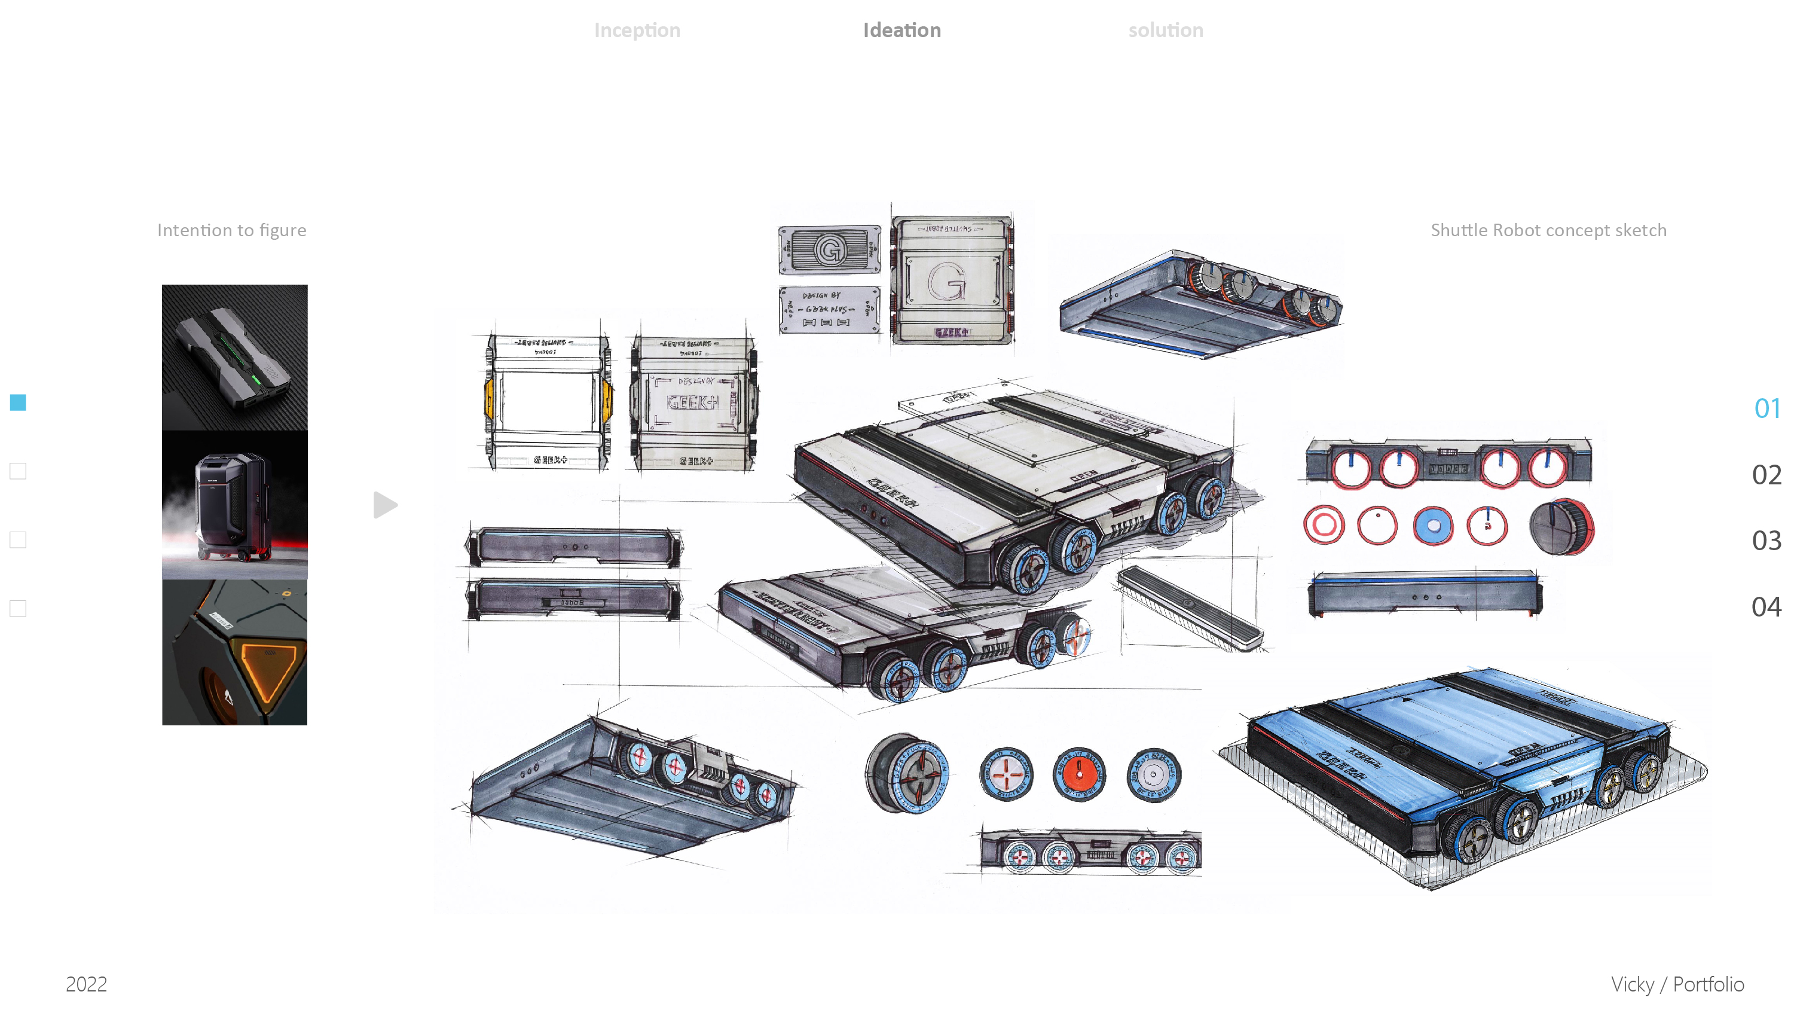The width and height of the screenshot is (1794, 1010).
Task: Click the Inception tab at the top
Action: pyautogui.click(x=637, y=30)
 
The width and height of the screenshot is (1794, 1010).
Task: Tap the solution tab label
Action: pyautogui.click(x=1165, y=30)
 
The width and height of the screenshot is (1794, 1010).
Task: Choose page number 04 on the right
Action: pyautogui.click(x=1766, y=607)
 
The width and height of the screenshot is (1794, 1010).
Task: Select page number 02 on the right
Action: pyautogui.click(x=1766, y=475)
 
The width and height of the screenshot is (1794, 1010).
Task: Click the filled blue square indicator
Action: pyautogui.click(x=18, y=402)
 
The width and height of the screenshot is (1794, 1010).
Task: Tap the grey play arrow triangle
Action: pyautogui.click(x=384, y=505)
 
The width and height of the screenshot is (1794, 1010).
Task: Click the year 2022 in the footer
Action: pyautogui.click(x=86, y=984)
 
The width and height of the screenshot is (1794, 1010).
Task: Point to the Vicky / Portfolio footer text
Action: pyautogui.click(x=1677, y=984)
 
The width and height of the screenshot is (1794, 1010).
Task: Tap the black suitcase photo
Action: pyautogui.click(x=235, y=505)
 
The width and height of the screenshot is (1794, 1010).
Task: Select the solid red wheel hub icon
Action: pyautogui.click(x=1079, y=774)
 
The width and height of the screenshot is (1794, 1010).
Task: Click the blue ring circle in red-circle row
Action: pyautogui.click(x=1432, y=526)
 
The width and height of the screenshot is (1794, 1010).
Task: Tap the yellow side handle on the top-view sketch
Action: pyautogui.click(x=490, y=399)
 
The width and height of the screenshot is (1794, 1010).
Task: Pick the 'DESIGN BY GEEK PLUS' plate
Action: pyautogui.click(x=829, y=309)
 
